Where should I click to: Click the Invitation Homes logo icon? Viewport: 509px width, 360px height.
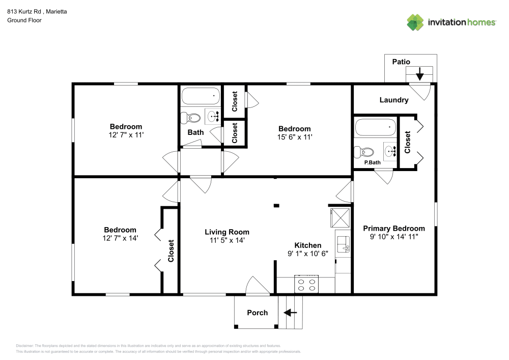(415, 22)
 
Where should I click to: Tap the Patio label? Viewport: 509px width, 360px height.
(401, 62)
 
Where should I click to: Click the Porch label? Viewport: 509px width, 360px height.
(257, 313)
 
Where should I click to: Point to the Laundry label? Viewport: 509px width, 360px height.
(393, 100)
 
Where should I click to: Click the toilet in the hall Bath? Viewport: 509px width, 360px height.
(192, 118)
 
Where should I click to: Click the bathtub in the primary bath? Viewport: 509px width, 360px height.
(375, 127)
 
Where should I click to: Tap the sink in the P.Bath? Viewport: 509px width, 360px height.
(390, 151)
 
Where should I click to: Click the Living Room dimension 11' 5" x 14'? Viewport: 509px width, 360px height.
(227, 240)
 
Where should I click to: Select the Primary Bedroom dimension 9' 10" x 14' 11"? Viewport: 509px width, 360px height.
(393, 237)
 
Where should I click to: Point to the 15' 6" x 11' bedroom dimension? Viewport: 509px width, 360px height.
(294, 137)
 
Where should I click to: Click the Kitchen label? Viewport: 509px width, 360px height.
(308, 245)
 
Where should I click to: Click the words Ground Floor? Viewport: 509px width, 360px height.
(24, 20)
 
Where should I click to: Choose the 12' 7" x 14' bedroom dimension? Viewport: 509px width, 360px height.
(120, 238)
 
